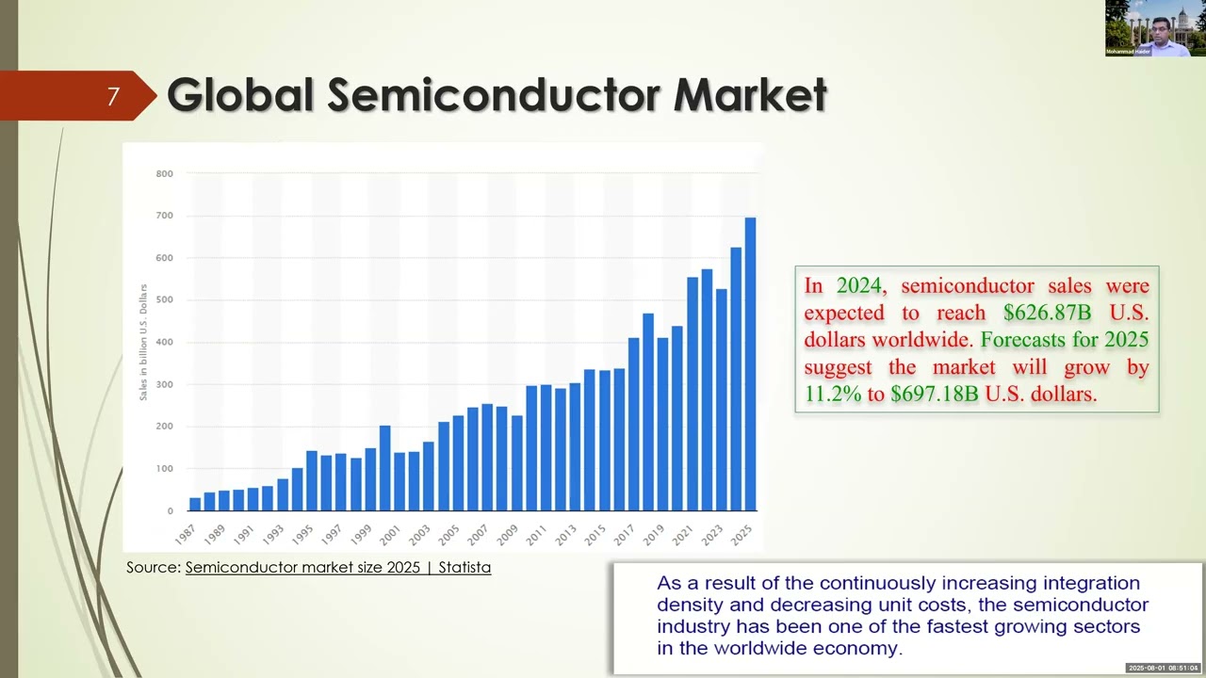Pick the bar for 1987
(195, 504)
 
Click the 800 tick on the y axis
(164, 174)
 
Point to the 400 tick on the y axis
(164, 343)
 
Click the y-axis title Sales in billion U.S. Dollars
(144, 342)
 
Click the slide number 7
(113, 96)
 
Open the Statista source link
(338, 567)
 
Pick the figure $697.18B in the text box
(934, 394)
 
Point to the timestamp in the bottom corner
(1165, 668)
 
